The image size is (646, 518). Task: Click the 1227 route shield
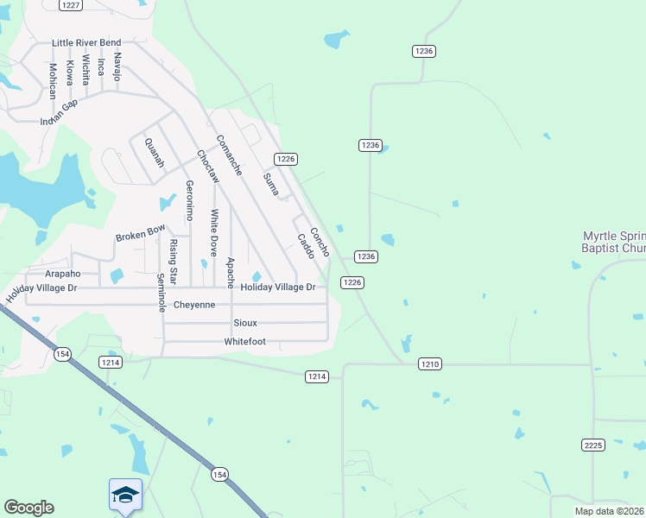coord(71,5)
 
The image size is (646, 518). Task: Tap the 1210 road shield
coord(430,364)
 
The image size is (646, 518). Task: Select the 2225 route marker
coord(592,445)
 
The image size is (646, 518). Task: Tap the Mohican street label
coord(53,80)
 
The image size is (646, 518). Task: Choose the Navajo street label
coord(117,66)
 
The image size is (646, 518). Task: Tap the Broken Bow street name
coord(140,233)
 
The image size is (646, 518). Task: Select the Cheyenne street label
coord(194,305)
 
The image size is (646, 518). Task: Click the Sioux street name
coord(245,323)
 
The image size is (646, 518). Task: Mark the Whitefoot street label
coord(244,341)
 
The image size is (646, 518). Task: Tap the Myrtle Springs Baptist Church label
coord(613,242)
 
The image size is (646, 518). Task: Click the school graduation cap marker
coord(125,495)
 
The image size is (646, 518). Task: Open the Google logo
coord(28,508)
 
